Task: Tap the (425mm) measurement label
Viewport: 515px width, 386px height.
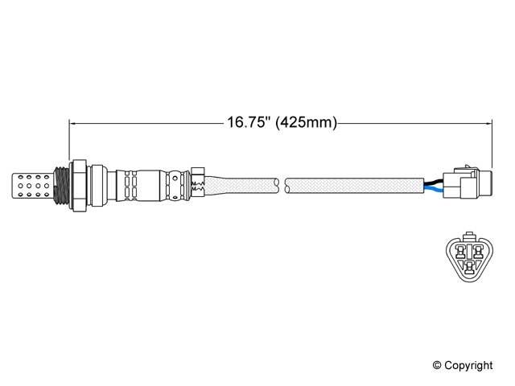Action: pyautogui.click(x=306, y=123)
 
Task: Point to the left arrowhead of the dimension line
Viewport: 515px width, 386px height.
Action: pyautogui.click(x=73, y=123)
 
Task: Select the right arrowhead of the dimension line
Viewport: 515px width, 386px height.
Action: pyautogui.click(x=488, y=123)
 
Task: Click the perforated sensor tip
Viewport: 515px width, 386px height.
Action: pyautogui.click(x=32, y=186)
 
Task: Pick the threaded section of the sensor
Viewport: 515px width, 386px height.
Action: pyautogui.click(x=61, y=186)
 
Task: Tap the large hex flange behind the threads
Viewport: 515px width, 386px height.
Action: pyautogui.click(x=79, y=186)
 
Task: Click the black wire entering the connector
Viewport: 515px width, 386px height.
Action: pyautogui.click(x=433, y=182)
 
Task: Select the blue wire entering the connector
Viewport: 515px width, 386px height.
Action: pyautogui.click(x=433, y=188)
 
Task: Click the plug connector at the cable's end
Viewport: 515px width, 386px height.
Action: pyautogui.click(x=468, y=183)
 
